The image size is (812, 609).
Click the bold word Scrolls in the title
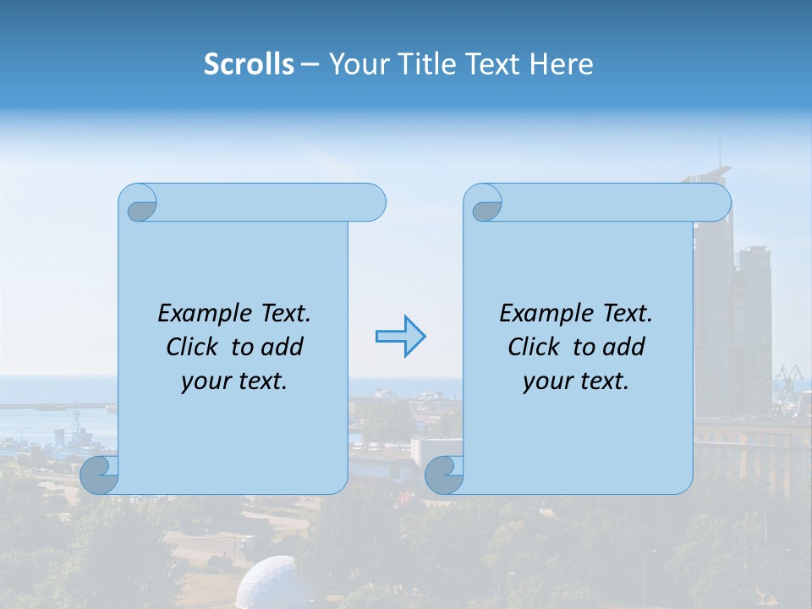pyautogui.click(x=249, y=64)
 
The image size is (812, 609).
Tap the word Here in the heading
pyautogui.click(x=562, y=64)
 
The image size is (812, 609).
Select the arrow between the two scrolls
pyautogui.click(x=400, y=337)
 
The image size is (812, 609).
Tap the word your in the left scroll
pyautogui.click(x=201, y=381)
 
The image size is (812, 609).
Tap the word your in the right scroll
pyautogui.click(x=543, y=381)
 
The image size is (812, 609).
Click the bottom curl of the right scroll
pyautogui.click(x=445, y=475)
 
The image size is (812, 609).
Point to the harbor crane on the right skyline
pyautogui.click(x=788, y=375)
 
